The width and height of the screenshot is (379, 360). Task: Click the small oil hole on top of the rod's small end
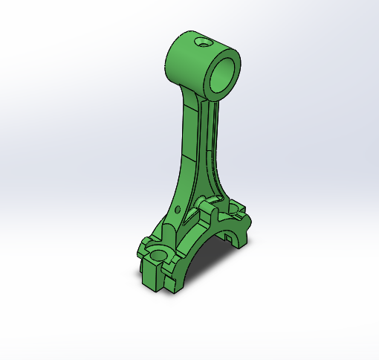coord(201,42)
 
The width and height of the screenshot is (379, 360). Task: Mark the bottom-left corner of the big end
coord(146,284)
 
